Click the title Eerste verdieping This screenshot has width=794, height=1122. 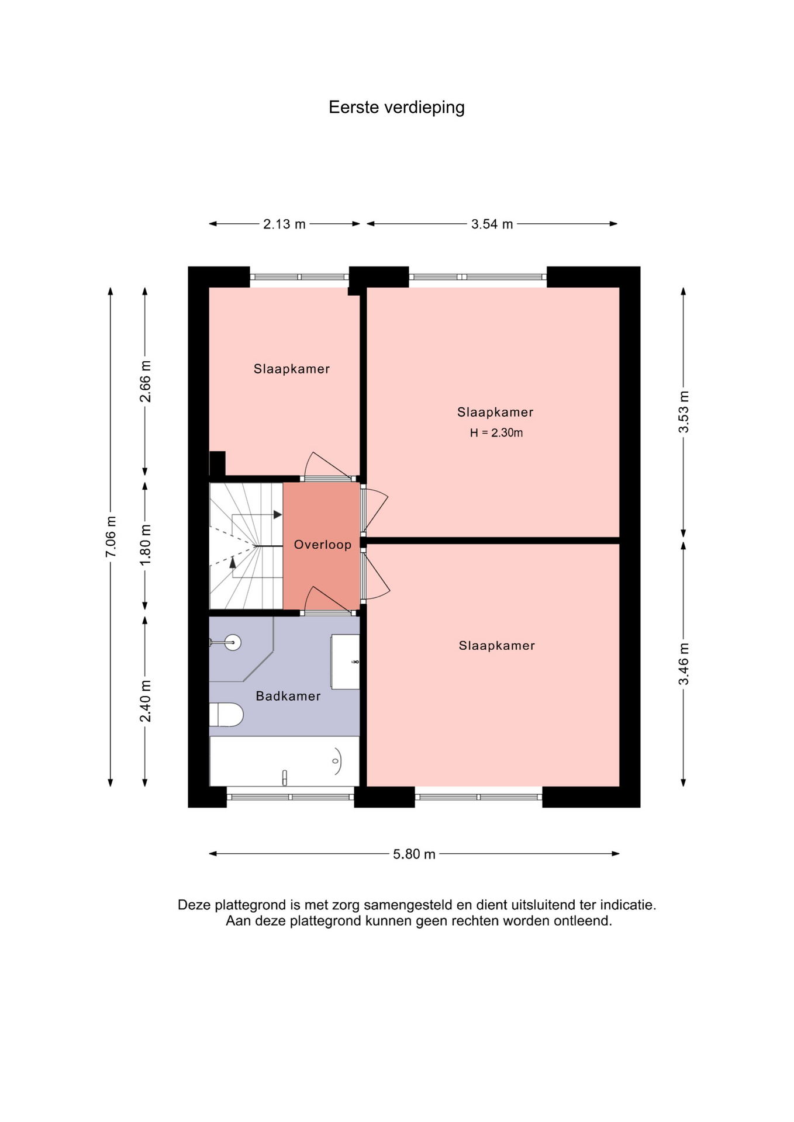396,108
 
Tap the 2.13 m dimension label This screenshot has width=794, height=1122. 284,224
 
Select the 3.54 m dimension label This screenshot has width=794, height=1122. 492,224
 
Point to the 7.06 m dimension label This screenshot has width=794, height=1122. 111,536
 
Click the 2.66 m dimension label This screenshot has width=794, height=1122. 145,382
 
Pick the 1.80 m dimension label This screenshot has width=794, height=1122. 145,544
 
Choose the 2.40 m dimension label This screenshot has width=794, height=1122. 145,701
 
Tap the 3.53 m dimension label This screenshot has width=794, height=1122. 683,412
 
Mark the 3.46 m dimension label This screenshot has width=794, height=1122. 683,664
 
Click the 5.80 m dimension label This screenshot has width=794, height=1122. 414,854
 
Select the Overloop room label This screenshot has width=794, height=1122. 323,545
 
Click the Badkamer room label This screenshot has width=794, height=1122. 288,696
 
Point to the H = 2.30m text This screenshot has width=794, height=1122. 496,433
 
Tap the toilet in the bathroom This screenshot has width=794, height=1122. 226,714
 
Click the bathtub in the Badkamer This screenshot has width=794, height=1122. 284,761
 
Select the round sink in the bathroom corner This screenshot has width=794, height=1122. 233,643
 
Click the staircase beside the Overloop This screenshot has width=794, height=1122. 246,546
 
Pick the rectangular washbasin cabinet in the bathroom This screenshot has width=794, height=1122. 345,662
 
